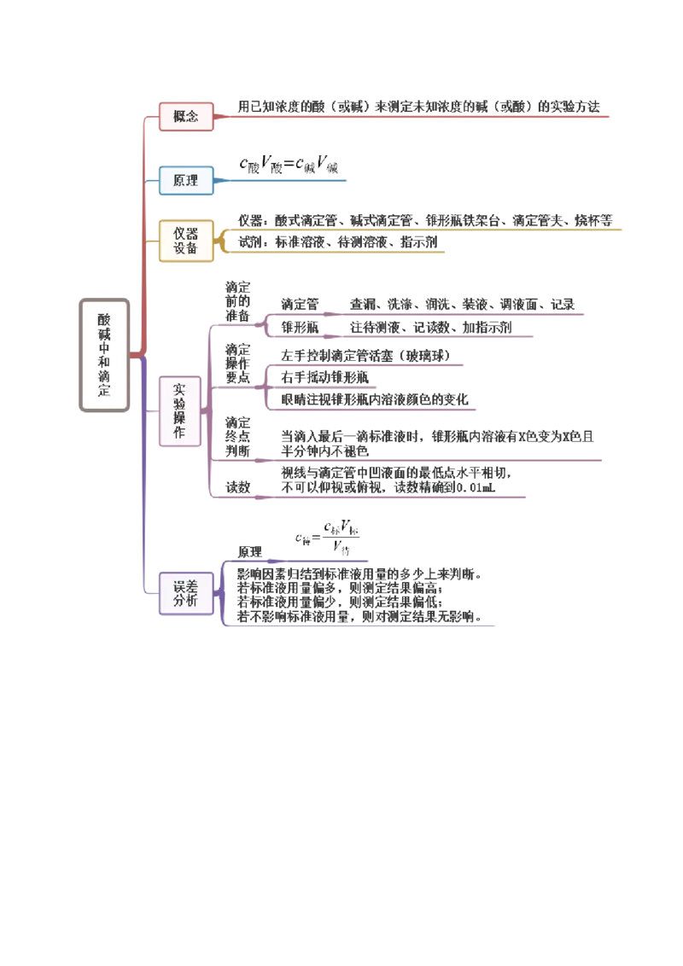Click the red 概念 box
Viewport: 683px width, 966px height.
pos(185,117)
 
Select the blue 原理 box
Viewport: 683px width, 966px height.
pos(185,180)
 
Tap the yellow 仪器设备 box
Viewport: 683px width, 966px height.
pos(185,241)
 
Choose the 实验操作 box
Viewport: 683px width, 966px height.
pos(179,412)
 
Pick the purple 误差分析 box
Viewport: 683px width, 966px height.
pos(185,593)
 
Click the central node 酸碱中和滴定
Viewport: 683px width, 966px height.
pos(104,354)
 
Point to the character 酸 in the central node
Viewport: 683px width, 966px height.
pos(104,317)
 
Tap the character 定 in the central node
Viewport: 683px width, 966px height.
pos(104,392)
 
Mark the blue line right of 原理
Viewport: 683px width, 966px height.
pos(282,181)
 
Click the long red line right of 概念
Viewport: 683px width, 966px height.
pos(414,117)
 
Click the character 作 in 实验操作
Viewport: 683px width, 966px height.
pos(179,434)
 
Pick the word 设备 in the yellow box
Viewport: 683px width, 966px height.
pos(185,248)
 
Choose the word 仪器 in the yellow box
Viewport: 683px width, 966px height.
pos(185,233)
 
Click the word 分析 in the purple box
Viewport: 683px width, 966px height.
pos(185,601)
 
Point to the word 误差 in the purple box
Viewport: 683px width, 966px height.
pos(185,585)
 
